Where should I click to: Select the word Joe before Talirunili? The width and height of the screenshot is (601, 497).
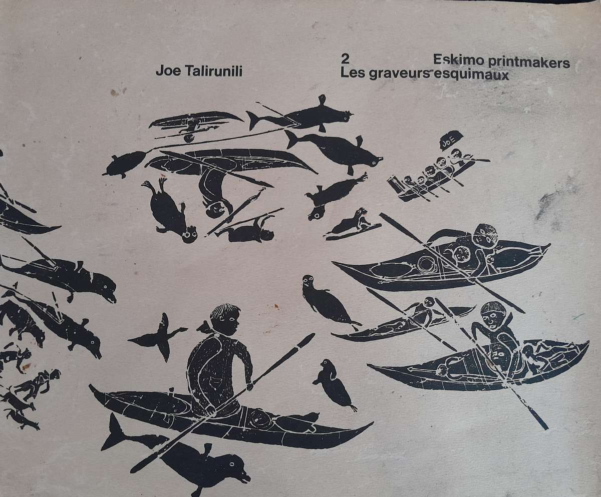pos(167,72)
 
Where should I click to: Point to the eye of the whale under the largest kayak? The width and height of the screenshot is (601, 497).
pos(235,468)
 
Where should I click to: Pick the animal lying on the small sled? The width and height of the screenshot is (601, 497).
pos(354,221)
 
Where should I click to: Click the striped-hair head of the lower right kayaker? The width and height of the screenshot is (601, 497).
pos(491,315)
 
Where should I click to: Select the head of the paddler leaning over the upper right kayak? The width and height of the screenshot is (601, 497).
pos(484,235)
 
